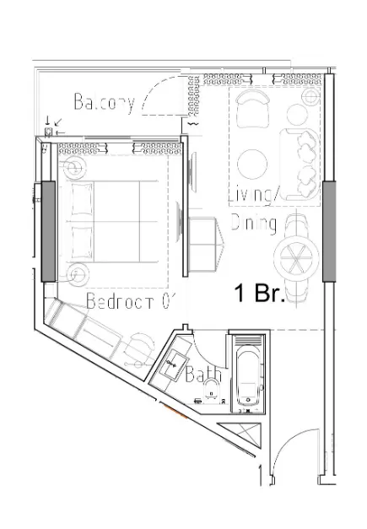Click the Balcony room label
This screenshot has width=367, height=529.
click(104, 103)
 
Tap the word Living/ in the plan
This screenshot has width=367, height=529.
click(254, 197)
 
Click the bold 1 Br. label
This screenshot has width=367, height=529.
click(259, 294)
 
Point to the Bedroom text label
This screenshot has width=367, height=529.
click(129, 300)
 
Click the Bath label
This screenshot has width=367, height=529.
click(204, 374)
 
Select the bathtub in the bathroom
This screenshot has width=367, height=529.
click(248, 375)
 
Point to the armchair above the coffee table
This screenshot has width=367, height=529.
click(252, 110)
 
